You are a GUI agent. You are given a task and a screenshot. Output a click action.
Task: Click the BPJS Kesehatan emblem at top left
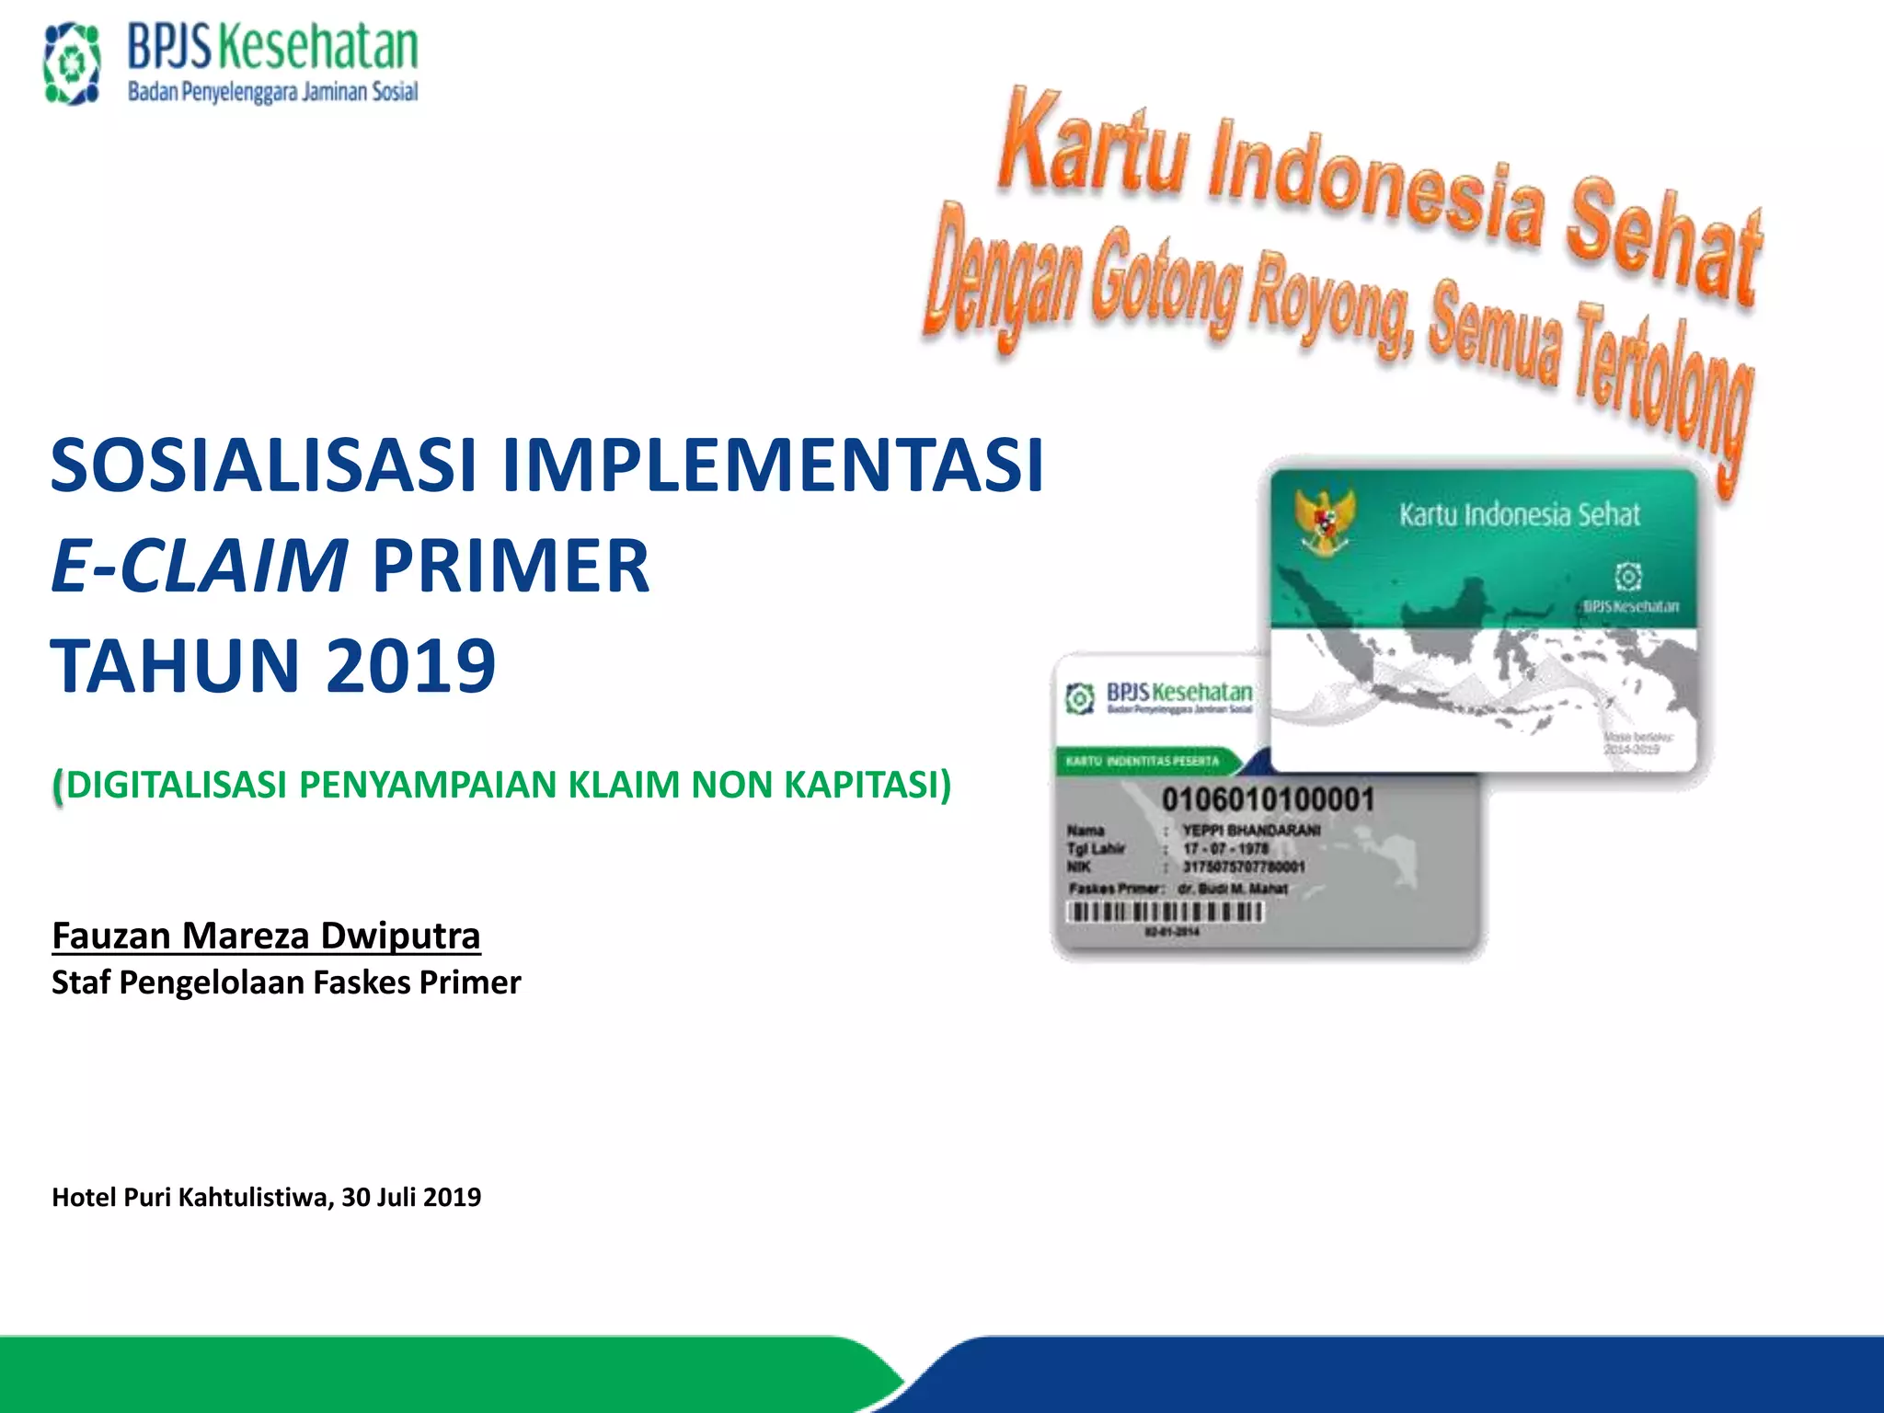[x=72, y=63]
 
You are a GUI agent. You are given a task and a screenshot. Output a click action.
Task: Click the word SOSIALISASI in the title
[x=263, y=465]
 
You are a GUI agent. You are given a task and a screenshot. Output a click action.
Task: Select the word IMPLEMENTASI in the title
[x=773, y=465]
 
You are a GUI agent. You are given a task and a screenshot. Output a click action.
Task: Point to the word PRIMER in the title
[x=511, y=565]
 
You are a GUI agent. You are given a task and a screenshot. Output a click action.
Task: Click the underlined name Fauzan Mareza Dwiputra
[x=266, y=936]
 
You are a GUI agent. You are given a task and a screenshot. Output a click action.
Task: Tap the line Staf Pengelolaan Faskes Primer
[x=286, y=982]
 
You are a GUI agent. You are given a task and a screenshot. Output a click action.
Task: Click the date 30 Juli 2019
[x=411, y=1197]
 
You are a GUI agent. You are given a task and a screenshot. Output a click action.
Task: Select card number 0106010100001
[x=1268, y=798]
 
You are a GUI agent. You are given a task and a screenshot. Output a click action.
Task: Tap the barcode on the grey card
[x=1165, y=912]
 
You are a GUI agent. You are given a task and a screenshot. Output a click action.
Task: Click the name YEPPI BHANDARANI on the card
[x=1251, y=830]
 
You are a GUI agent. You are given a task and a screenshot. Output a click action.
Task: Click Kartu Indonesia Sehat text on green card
[x=1519, y=514]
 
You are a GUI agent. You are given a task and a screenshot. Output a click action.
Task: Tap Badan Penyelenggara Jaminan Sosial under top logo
[x=272, y=92]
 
